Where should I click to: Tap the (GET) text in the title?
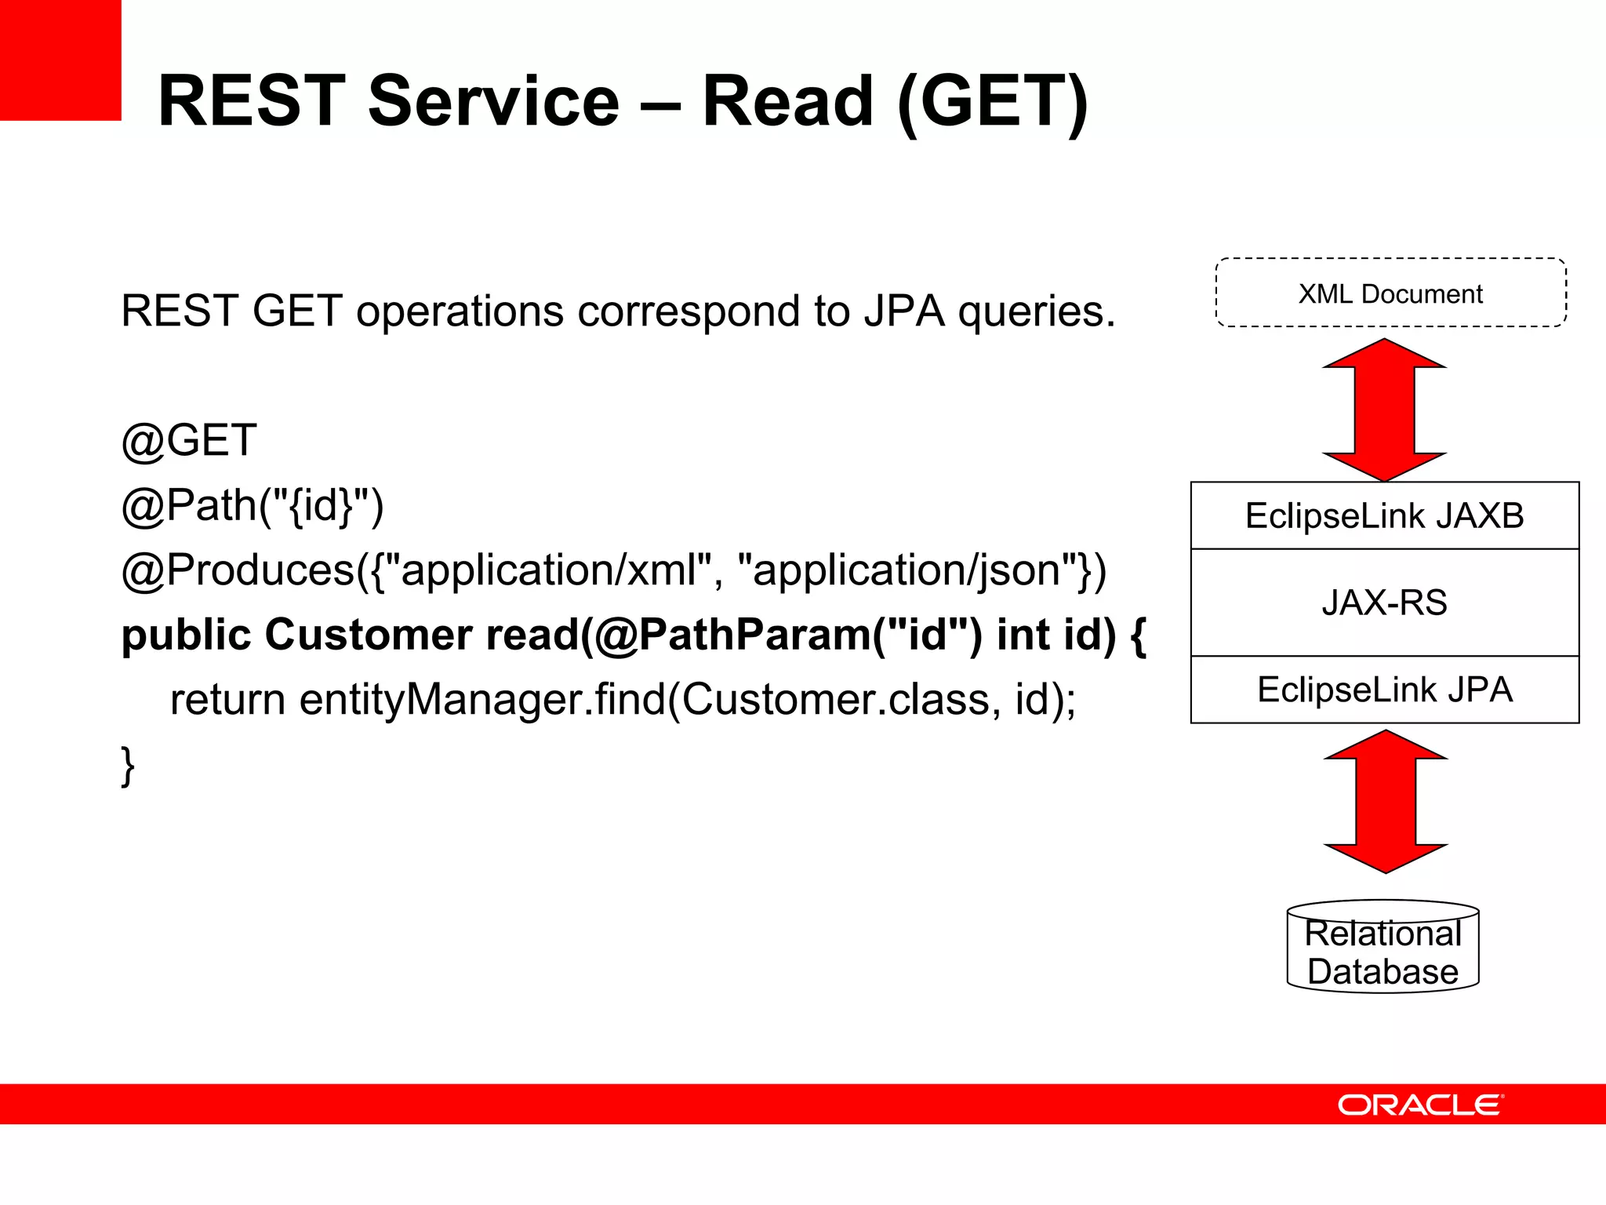click(x=991, y=102)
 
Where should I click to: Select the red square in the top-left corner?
click(x=60, y=60)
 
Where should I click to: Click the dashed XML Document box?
click(x=1390, y=293)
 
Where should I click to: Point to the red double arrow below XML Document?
click(x=1384, y=410)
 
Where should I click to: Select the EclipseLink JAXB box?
click(x=1384, y=515)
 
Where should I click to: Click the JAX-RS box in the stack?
click(x=1384, y=602)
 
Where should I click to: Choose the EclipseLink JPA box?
click(x=1384, y=690)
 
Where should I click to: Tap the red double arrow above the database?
click(x=1386, y=801)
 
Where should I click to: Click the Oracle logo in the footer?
click(x=1420, y=1105)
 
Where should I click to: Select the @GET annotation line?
click(x=189, y=440)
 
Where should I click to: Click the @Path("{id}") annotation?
click(x=253, y=505)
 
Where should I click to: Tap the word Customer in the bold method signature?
click(x=368, y=635)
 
